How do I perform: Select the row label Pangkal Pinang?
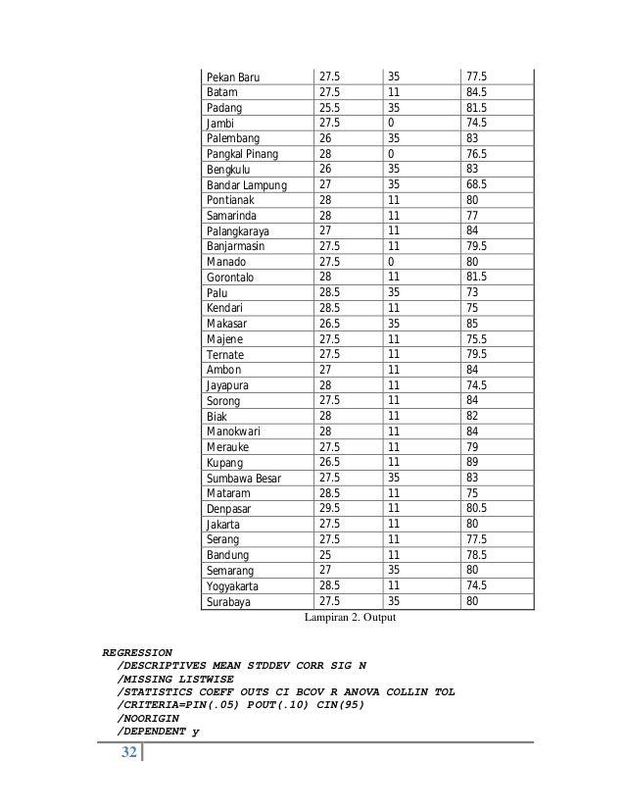[x=242, y=155]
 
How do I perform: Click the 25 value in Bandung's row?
[x=326, y=555]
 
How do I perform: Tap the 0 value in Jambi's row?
[x=392, y=124]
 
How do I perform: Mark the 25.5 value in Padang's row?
[x=330, y=108]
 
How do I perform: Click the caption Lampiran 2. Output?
[x=354, y=619]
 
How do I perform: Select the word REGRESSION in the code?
[x=137, y=651]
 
